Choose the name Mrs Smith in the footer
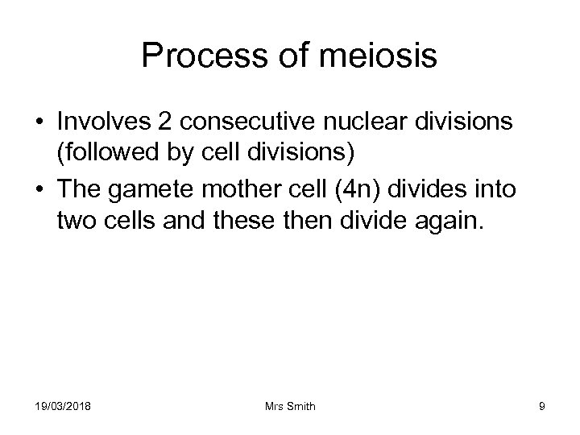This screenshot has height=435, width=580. pos(290,407)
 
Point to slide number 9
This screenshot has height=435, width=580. pos(541,407)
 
